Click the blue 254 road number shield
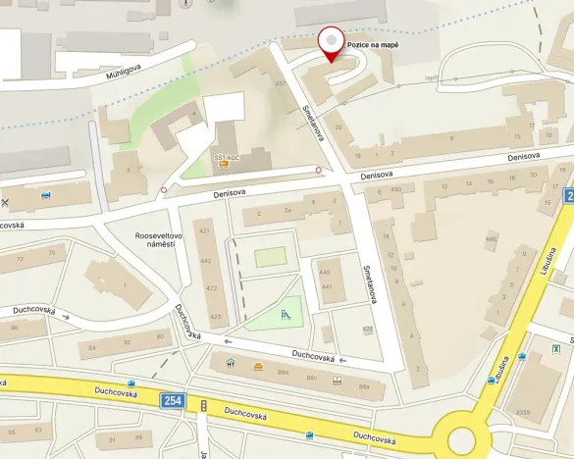pos(174,400)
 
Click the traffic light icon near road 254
pos(203,405)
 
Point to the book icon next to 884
pos(337,379)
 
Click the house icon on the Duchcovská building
pos(231,364)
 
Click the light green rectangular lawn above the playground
pos(271,257)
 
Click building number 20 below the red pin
pos(338,127)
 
